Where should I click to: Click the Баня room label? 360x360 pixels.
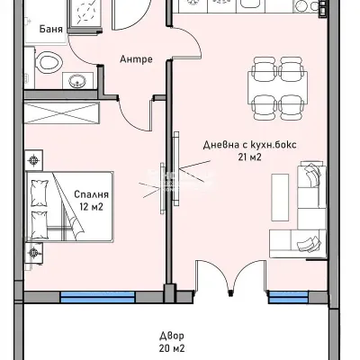point(51,28)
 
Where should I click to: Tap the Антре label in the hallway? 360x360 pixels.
point(136,59)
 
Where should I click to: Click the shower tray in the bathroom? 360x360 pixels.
point(74,13)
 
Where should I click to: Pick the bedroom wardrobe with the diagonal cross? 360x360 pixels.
point(62,115)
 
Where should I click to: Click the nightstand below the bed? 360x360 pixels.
point(33,252)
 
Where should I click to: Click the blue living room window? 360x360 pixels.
point(286,295)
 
